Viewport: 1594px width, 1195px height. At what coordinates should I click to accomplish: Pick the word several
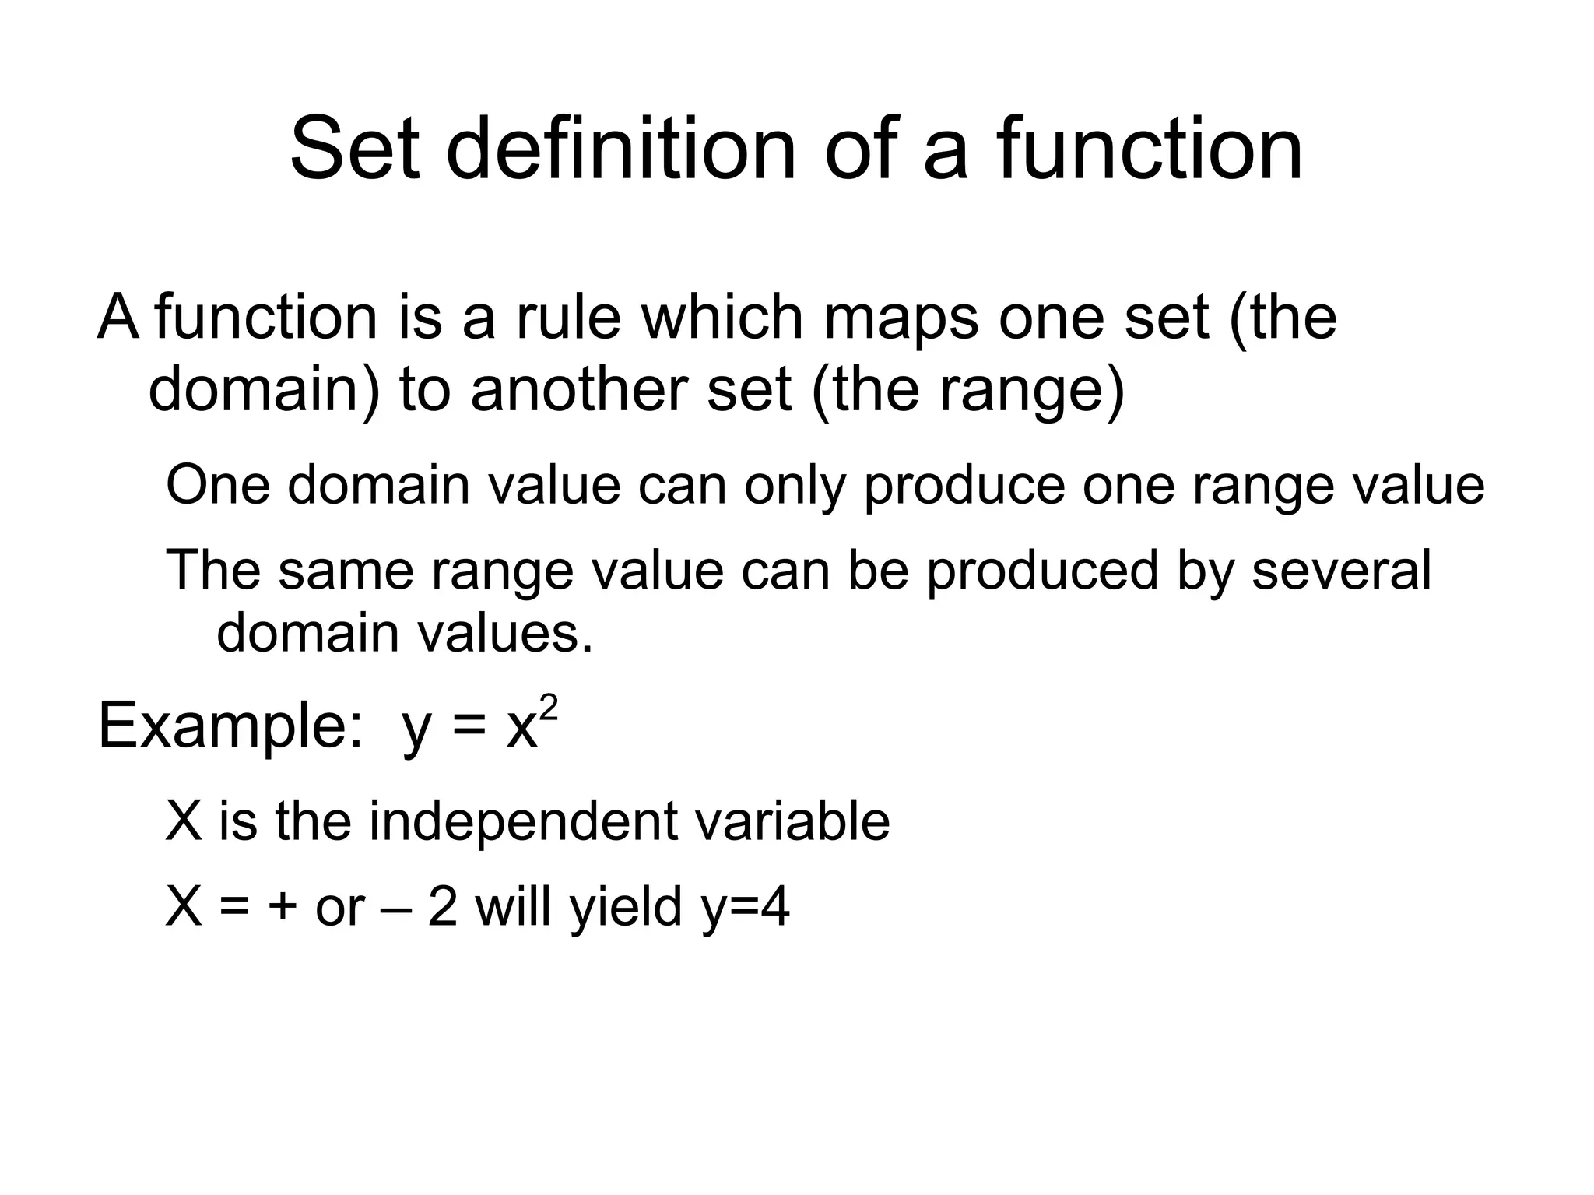pyautogui.click(x=1341, y=570)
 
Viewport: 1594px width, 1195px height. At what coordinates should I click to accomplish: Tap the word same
pyautogui.click(x=346, y=570)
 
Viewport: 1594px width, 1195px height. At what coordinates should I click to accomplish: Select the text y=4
pyautogui.click(x=745, y=909)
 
